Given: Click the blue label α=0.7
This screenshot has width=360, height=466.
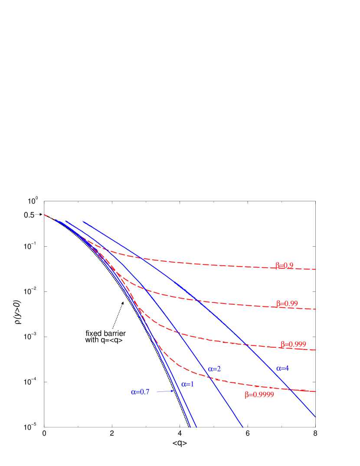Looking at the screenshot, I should point(140,392).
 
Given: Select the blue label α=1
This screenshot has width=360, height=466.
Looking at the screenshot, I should point(187,384).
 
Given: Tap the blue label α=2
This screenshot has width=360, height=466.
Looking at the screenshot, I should point(214,369).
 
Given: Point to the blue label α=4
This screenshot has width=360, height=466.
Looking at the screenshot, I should point(282,368).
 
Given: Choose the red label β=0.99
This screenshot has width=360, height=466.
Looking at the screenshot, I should point(287,303).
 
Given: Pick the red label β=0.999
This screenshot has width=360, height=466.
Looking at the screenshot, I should point(293,344).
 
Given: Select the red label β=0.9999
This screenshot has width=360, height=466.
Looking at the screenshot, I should point(259,395).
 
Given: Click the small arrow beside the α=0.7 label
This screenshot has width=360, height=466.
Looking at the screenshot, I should point(165,391).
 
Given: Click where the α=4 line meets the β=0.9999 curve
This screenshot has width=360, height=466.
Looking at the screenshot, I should point(290,389).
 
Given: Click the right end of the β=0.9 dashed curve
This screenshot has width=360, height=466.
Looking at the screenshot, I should point(316,269).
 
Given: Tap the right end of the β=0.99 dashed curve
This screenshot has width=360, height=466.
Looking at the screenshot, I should point(316,309).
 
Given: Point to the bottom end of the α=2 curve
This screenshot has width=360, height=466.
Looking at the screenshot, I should point(243,427).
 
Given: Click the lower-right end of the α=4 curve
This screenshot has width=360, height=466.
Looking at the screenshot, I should point(316,417).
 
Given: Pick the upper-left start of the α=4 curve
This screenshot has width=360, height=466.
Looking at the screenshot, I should point(82,221).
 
